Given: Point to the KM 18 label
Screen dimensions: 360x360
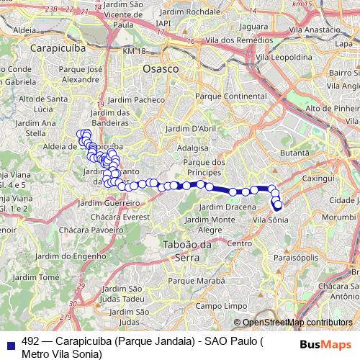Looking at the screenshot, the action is tap(133, 52).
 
